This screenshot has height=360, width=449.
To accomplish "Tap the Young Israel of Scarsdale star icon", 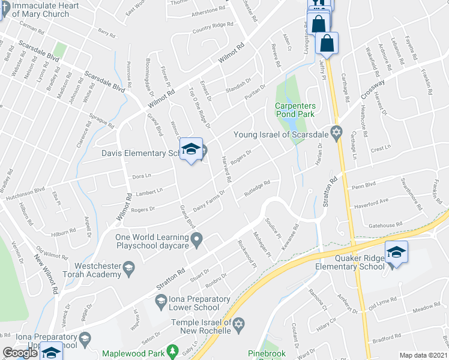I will (x=336, y=132).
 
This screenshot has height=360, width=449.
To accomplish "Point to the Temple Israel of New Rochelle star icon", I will (x=238, y=324).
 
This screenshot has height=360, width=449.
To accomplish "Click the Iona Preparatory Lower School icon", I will (x=160, y=299).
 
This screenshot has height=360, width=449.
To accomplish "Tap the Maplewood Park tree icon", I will (x=172, y=350).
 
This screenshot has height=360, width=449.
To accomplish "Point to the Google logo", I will (x=20, y=353).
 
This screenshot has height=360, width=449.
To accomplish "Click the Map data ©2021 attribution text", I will (x=423, y=355).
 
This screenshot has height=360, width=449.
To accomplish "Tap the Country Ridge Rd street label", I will (x=212, y=28).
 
